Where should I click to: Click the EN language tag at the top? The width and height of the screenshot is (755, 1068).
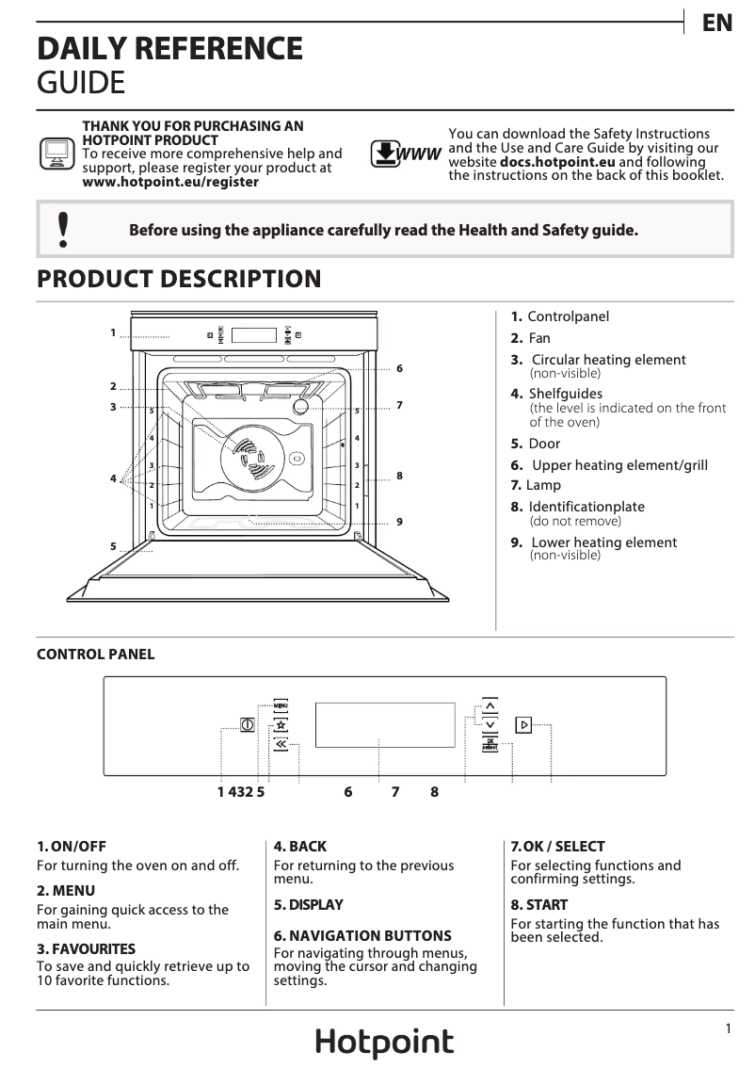tap(717, 24)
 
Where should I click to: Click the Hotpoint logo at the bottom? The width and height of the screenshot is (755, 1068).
tap(384, 1043)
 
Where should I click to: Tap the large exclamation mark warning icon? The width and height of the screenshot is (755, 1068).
tap(63, 230)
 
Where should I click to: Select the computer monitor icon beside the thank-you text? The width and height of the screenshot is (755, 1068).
tap(56, 153)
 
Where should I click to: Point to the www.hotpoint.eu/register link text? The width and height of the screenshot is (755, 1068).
tap(170, 182)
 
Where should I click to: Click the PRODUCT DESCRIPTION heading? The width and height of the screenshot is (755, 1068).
tap(179, 280)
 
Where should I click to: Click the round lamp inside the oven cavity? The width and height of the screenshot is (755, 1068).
tap(301, 407)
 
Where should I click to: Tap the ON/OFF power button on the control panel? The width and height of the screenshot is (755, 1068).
tap(248, 725)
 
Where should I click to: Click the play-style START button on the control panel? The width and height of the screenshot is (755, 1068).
tap(523, 724)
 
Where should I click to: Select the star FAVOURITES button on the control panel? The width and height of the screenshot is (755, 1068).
tap(281, 724)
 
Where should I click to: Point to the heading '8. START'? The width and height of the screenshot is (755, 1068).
tap(539, 904)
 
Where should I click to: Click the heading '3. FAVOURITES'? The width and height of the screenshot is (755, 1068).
tap(86, 948)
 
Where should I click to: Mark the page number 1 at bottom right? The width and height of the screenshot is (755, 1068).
tap(729, 1029)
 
